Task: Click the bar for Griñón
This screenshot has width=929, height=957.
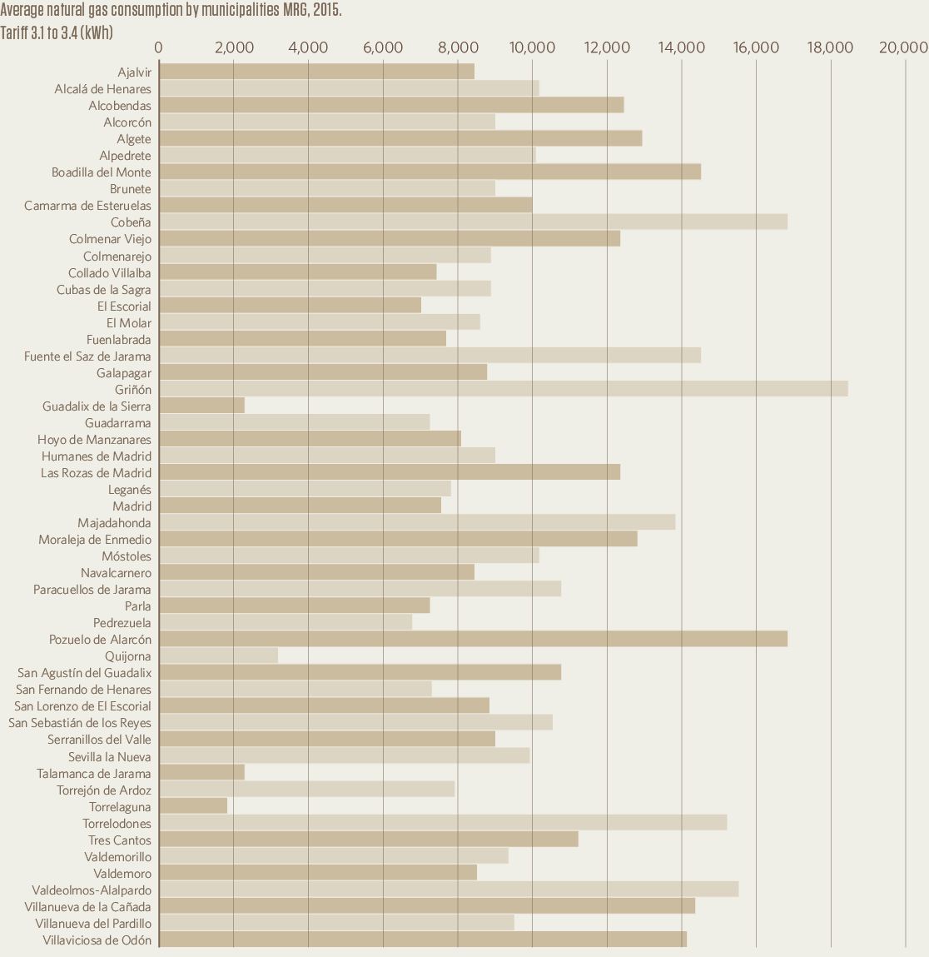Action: [x=503, y=389]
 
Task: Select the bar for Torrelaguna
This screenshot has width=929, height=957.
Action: [x=192, y=806]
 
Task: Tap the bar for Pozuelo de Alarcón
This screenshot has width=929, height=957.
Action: [x=473, y=639]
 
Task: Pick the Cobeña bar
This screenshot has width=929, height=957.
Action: [x=473, y=222]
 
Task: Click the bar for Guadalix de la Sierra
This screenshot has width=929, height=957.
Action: [x=201, y=406]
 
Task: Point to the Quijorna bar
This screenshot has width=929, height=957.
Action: [x=218, y=655]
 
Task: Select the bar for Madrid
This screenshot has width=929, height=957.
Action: [x=300, y=506]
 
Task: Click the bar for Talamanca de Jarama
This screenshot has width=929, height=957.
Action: [x=201, y=773]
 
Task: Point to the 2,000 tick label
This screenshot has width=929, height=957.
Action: [x=234, y=47]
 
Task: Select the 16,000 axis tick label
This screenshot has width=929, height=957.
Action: [x=756, y=47]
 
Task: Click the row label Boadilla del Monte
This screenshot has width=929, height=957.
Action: [x=102, y=172]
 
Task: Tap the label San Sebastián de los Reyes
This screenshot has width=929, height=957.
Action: [x=80, y=723]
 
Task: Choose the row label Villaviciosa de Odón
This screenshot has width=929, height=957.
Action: [x=97, y=940]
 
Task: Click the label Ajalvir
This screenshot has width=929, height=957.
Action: [x=135, y=72]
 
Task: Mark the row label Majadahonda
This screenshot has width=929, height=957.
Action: [x=115, y=523]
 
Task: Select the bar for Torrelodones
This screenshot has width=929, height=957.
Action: [x=442, y=823]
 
